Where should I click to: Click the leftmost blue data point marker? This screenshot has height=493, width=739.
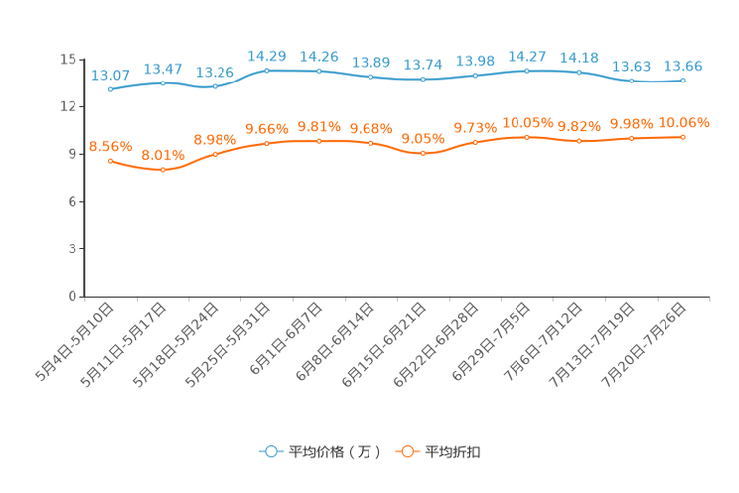tap(110, 90)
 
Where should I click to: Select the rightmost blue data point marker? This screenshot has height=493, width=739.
tap(682, 80)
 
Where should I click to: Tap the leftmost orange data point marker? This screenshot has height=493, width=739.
tap(110, 161)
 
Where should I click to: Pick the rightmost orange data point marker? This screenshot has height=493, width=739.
tap(682, 137)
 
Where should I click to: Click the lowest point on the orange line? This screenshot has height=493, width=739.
tap(163, 170)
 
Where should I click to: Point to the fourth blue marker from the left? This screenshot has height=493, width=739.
tap(266, 70)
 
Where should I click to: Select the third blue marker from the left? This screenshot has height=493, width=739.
tap(215, 87)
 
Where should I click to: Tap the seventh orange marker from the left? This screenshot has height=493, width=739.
tap(423, 154)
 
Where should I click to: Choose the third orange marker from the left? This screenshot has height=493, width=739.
tap(215, 154)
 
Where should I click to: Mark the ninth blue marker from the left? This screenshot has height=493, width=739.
tap(526, 71)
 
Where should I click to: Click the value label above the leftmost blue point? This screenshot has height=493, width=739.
tap(110, 76)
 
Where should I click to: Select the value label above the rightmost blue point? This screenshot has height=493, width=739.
tap(683, 66)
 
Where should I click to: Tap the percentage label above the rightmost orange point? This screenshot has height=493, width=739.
tap(684, 122)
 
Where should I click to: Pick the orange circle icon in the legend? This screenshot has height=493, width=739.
tap(407, 451)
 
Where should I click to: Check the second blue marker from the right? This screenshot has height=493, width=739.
tap(631, 81)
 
